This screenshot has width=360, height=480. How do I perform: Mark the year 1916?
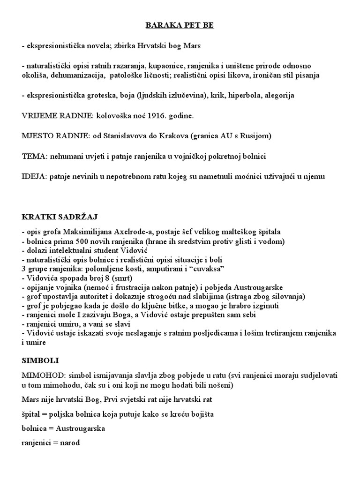coord(169,115)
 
